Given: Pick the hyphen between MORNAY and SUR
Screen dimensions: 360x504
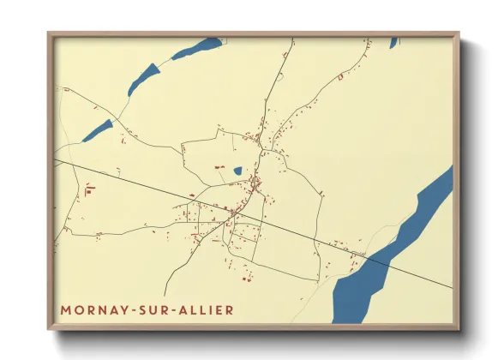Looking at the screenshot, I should click(129, 309).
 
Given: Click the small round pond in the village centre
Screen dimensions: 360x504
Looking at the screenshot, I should click(237, 171).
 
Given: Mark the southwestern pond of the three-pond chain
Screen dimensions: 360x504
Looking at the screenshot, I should click(98, 130).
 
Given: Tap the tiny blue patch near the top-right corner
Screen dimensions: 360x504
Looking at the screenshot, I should click(393, 42).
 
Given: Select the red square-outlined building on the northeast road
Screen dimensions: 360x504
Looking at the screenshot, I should click(340, 76).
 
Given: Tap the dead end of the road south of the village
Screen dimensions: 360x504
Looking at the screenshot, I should click(165, 294).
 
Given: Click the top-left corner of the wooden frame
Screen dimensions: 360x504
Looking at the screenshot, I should click(49, 33).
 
